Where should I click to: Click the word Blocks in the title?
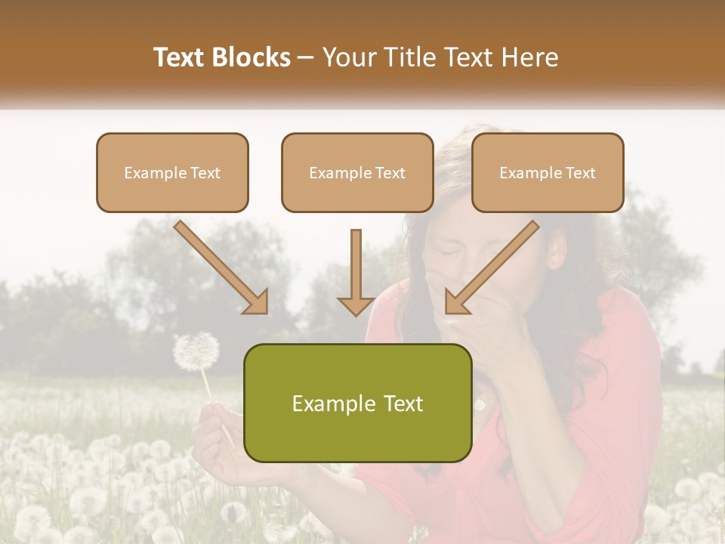(x=252, y=57)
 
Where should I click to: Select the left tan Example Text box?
(x=172, y=172)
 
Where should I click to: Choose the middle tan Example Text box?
(x=357, y=172)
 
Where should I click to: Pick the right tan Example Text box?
(x=548, y=172)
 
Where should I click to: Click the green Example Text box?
(x=357, y=403)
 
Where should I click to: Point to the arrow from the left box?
(x=221, y=267)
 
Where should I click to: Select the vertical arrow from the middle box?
(x=356, y=273)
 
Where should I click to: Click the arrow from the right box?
(x=492, y=267)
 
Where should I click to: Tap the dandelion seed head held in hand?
(x=196, y=351)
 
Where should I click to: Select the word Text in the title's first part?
(x=180, y=57)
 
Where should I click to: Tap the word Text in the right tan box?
(x=579, y=173)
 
